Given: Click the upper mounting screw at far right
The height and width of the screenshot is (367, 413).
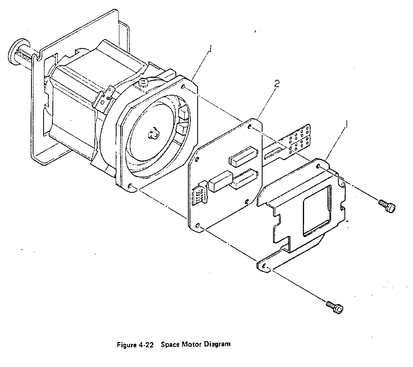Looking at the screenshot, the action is point(387,206).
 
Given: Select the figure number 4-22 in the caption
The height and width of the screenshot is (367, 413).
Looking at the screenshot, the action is point(145,344).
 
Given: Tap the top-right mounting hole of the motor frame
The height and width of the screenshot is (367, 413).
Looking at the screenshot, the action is point(184,87).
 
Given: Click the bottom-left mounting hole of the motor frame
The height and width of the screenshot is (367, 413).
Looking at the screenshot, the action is point(129,186).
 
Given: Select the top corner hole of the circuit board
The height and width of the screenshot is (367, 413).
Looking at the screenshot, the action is point(249,127).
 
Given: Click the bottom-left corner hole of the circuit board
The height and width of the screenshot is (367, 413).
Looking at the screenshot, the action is point(198,225).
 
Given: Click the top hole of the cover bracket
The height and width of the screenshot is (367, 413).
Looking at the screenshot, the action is point(319,166).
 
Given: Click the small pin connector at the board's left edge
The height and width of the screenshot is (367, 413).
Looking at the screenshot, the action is point(200,192).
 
